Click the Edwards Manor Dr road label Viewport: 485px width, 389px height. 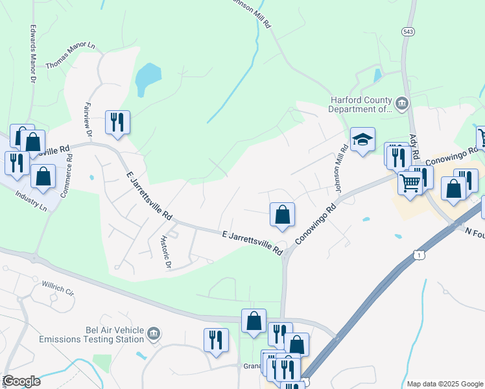(x=32, y=54)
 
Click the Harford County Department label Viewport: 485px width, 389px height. (x=361, y=104)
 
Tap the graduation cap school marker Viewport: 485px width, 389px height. (x=363, y=139)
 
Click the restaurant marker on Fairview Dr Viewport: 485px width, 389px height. (x=117, y=122)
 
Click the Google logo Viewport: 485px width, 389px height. (x=21, y=381)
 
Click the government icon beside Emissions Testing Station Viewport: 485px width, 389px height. (x=154, y=334)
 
